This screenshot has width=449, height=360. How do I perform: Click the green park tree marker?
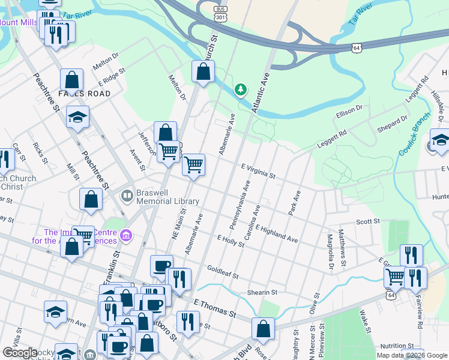(241, 90)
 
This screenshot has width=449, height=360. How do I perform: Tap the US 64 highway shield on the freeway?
(357, 47)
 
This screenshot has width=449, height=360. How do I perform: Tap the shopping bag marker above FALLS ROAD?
(71, 80)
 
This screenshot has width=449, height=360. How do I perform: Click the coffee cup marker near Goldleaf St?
(161, 266)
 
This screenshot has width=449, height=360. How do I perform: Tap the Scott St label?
(368, 221)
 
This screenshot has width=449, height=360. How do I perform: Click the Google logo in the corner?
(20, 353)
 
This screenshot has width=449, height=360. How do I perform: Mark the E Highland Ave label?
(276, 234)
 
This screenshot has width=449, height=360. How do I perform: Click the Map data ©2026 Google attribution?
(412, 355)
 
